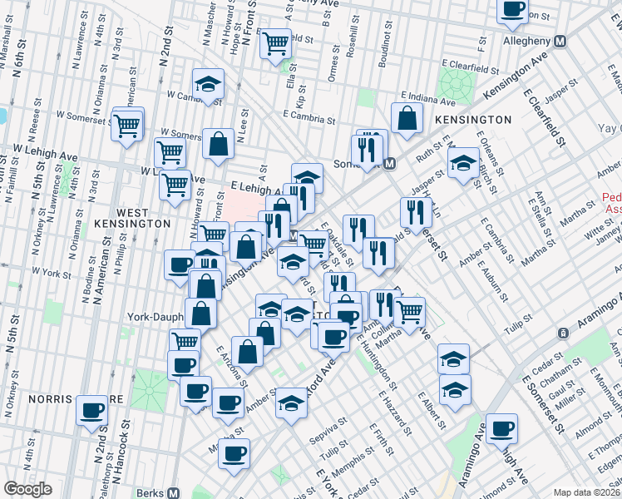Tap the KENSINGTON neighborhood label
click(x=472, y=120)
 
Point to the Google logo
click(x=27, y=489)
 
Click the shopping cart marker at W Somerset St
click(x=128, y=126)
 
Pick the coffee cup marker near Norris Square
click(x=92, y=409)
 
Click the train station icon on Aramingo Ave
click(x=564, y=333)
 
